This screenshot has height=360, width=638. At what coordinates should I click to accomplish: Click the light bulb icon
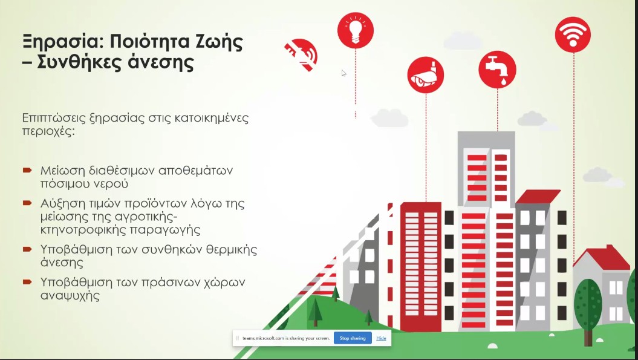(x=355, y=30)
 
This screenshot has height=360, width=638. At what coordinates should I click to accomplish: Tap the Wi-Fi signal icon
(x=573, y=34)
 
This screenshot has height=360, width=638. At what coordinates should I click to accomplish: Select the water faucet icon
(x=497, y=70)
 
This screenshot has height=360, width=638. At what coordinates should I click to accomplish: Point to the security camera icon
(x=426, y=75)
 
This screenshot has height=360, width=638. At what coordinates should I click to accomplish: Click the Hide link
(x=381, y=338)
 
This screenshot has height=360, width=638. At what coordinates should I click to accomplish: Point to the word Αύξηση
(x=63, y=204)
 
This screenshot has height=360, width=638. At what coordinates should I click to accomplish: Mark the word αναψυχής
(x=70, y=295)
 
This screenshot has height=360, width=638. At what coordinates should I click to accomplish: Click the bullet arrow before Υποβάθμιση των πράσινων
(x=27, y=282)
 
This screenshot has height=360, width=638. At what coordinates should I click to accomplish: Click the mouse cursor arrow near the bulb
(x=344, y=73)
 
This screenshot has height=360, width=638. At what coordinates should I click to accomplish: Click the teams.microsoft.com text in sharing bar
(x=263, y=338)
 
